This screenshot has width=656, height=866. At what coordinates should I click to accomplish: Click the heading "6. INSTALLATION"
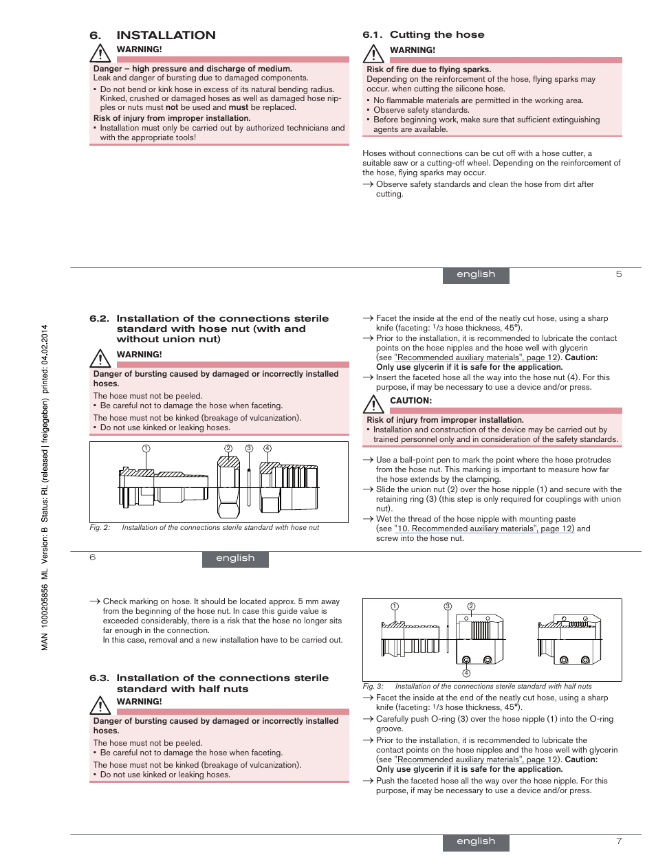tap(153, 35)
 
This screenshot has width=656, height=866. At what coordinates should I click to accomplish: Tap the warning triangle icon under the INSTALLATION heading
tap(100, 53)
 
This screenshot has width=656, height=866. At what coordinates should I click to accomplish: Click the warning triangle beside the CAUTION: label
tap(373, 404)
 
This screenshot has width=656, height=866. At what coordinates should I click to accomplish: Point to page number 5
tap(619, 274)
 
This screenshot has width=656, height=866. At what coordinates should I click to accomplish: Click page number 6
tap(93, 557)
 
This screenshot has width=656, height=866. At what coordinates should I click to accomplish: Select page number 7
tap(619, 841)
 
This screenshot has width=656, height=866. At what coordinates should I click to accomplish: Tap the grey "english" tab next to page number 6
tap(235, 558)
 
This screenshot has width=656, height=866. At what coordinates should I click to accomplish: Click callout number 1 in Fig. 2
tap(146, 448)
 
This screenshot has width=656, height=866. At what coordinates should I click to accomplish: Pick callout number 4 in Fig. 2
tap(267, 448)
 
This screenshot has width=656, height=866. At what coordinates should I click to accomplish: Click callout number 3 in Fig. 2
tap(249, 448)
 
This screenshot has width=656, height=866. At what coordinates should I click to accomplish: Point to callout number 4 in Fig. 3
tap(466, 673)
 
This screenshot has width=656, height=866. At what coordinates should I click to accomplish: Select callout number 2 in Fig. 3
tap(471, 606)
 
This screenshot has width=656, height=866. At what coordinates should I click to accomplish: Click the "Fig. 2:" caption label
tap(100, 528)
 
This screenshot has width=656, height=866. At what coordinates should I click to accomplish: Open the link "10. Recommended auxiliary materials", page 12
tap(484, 529)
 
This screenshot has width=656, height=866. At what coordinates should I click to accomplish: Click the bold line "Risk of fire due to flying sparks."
tap(428, 69)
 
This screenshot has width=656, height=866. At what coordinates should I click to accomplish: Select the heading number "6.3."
tap(99, 678)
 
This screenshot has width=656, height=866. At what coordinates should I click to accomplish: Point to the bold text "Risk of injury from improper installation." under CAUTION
tap(445, 420)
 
